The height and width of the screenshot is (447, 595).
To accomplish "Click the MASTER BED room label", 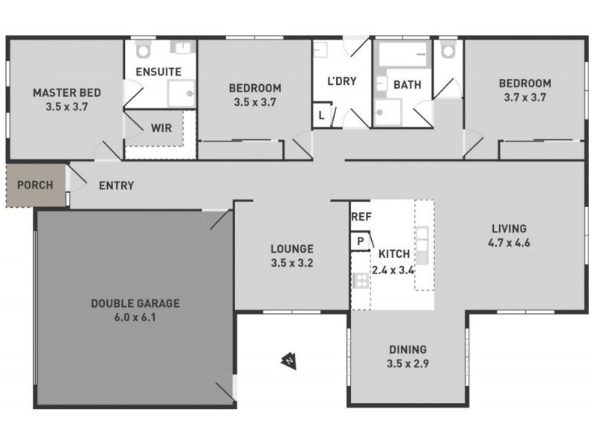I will click(x=66, y=93).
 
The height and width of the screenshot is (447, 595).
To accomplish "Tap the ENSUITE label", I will click(x=158, y=72).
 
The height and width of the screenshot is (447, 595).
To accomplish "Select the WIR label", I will click(x=161, y=127).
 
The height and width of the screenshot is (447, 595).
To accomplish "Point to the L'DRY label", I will click(x=341, y=80).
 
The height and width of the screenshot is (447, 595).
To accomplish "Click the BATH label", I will click(x=407, y=85).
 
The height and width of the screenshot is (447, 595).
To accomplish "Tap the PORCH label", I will click(x=35, y=185).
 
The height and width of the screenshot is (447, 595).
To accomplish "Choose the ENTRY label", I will click(x=116, y=186).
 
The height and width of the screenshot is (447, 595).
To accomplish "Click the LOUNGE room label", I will click(x=292, y=249).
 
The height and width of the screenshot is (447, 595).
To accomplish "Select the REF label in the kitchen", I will click(x=361, y=217).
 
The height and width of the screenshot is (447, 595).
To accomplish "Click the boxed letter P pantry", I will click(x=361, y=241).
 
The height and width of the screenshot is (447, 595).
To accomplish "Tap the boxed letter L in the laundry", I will click(x=321, y=116).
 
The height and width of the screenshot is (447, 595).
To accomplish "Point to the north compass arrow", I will click(x=287, y=361).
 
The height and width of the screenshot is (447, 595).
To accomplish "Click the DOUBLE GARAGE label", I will click(x=135, y=303).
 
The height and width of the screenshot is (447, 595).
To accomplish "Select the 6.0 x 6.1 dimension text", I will click(x=135, y=317).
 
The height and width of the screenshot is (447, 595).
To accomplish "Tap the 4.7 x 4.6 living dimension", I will click(x=509, y=241).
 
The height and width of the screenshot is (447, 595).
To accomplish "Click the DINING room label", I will click(x=408, y=349).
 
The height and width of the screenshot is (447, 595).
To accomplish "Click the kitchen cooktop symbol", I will click(x=361, y=281).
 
